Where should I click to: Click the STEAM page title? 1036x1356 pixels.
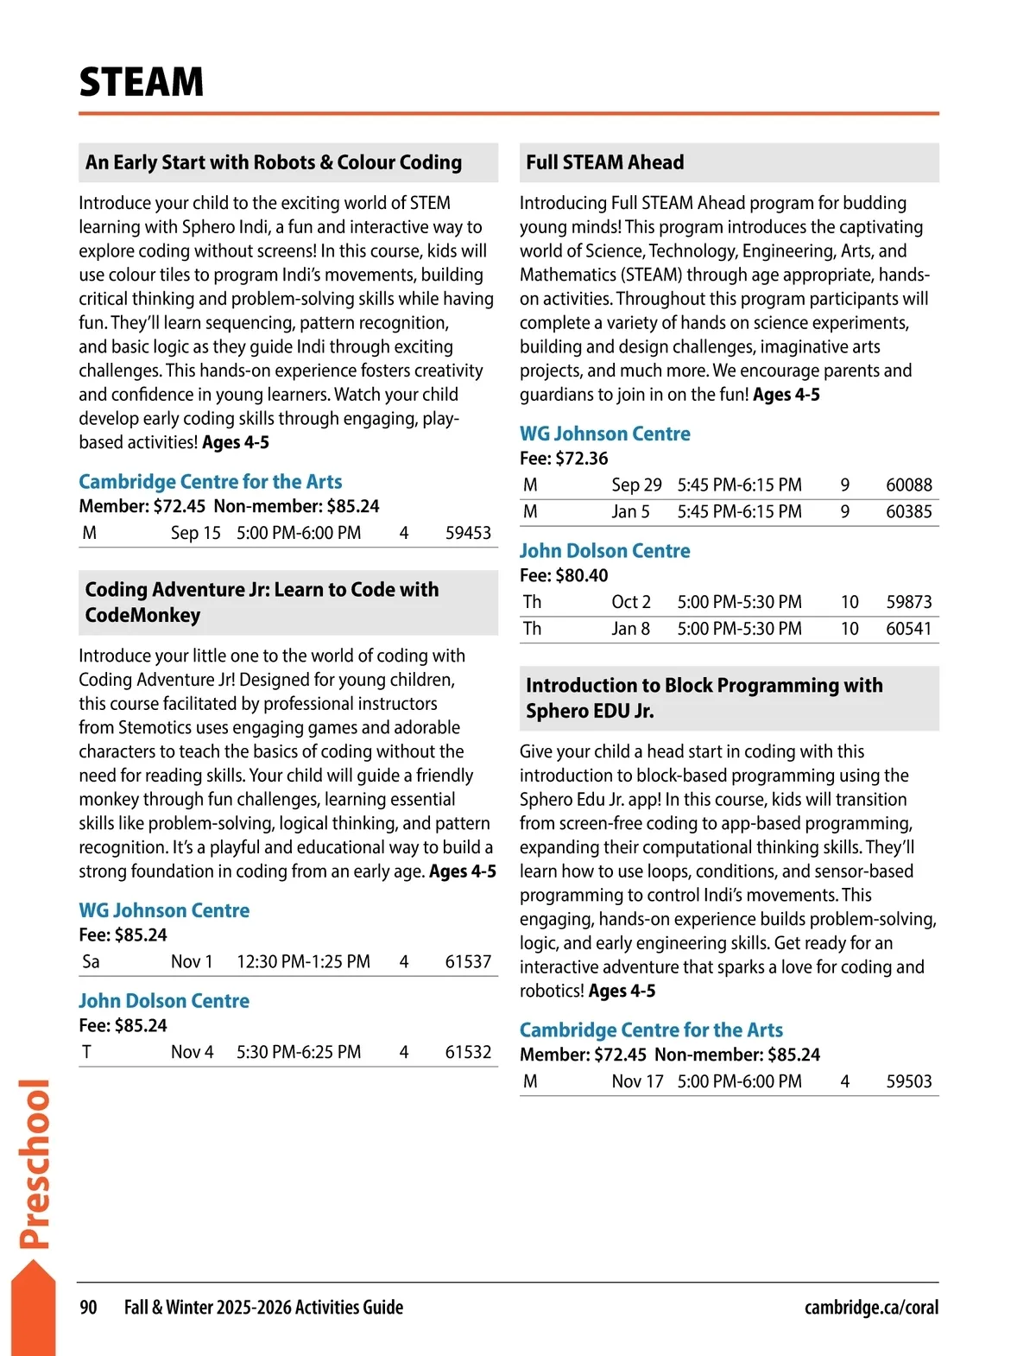point(142,82)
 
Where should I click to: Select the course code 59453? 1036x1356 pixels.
point(468,533)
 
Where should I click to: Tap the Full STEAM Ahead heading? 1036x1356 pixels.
point(604,162)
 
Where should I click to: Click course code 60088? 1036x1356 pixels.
point(908,485)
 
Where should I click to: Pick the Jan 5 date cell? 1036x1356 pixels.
point(630,511)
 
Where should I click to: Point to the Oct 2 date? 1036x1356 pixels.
point(631,602)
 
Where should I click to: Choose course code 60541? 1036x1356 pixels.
point(908,629)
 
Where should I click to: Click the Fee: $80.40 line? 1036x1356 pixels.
point(564,575)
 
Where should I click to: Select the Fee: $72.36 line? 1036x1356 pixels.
point(564,459)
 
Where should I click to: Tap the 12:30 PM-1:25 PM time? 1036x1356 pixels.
point(303,961)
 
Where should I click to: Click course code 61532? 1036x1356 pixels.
point(468,1052)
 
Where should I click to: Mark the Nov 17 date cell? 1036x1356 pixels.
point(637,1081)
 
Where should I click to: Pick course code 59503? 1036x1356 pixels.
point(908,1081)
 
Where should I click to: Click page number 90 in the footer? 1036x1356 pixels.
point(88,1308)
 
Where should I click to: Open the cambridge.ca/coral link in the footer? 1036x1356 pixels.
point(871,1308)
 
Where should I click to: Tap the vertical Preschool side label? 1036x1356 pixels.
point(35,1163)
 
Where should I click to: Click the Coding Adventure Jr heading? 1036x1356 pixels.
point(262,602)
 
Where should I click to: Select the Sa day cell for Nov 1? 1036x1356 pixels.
point(91,961)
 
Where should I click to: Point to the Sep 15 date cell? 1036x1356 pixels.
point(196,533)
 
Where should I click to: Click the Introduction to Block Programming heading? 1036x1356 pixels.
point(704,698)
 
